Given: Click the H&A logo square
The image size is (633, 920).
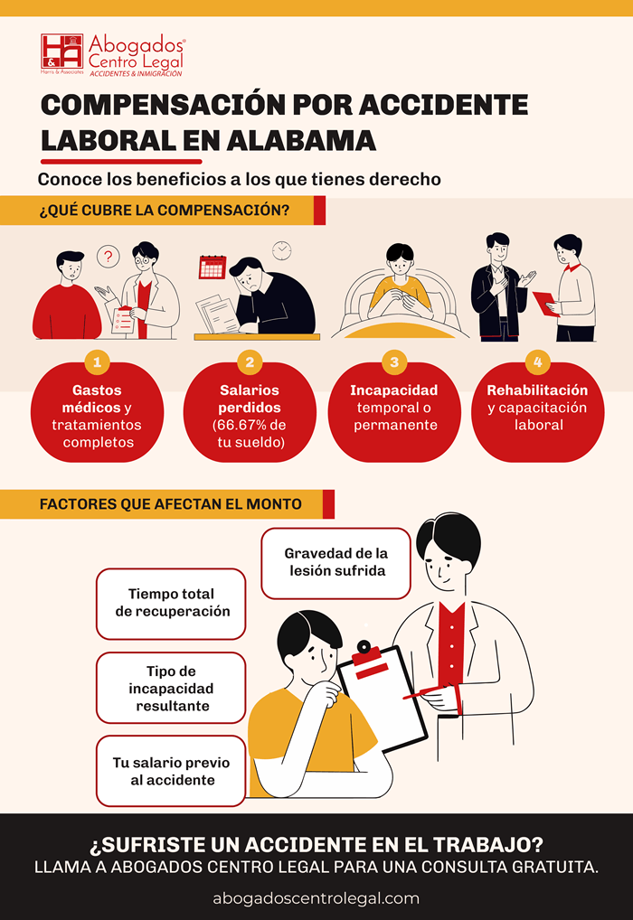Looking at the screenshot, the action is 61,52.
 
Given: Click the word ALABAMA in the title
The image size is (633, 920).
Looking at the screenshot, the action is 300,141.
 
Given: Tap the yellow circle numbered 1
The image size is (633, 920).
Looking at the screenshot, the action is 97,362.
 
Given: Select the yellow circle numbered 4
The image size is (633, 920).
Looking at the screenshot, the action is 537,362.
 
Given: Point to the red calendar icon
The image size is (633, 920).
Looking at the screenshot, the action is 213,267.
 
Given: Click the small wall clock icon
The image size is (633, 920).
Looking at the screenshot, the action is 282,250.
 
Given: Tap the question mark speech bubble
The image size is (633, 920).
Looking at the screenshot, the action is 108,257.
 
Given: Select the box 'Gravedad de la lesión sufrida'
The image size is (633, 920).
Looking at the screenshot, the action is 335,563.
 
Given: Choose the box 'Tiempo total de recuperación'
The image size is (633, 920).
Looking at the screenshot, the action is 171,604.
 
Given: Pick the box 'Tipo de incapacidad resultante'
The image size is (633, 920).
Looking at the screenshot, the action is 171,688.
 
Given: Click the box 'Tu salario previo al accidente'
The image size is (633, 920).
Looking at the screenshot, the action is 171,771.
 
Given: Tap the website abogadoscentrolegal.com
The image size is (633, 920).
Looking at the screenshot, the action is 316,898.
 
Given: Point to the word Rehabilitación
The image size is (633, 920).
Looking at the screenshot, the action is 537,390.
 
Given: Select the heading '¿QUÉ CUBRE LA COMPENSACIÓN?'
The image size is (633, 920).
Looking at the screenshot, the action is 165,210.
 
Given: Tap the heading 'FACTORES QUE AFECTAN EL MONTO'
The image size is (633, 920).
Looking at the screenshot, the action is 171,504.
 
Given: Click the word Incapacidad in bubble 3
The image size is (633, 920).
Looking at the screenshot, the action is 394,390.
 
